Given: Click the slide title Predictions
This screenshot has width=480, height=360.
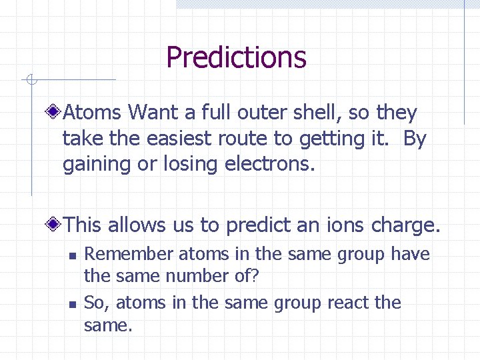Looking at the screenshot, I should click(236, 57).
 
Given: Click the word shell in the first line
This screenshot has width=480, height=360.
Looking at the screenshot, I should click(318, 113).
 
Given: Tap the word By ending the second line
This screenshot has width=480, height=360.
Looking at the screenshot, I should click(414, 139).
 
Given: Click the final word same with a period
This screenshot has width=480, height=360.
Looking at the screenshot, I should click(109, 326).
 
